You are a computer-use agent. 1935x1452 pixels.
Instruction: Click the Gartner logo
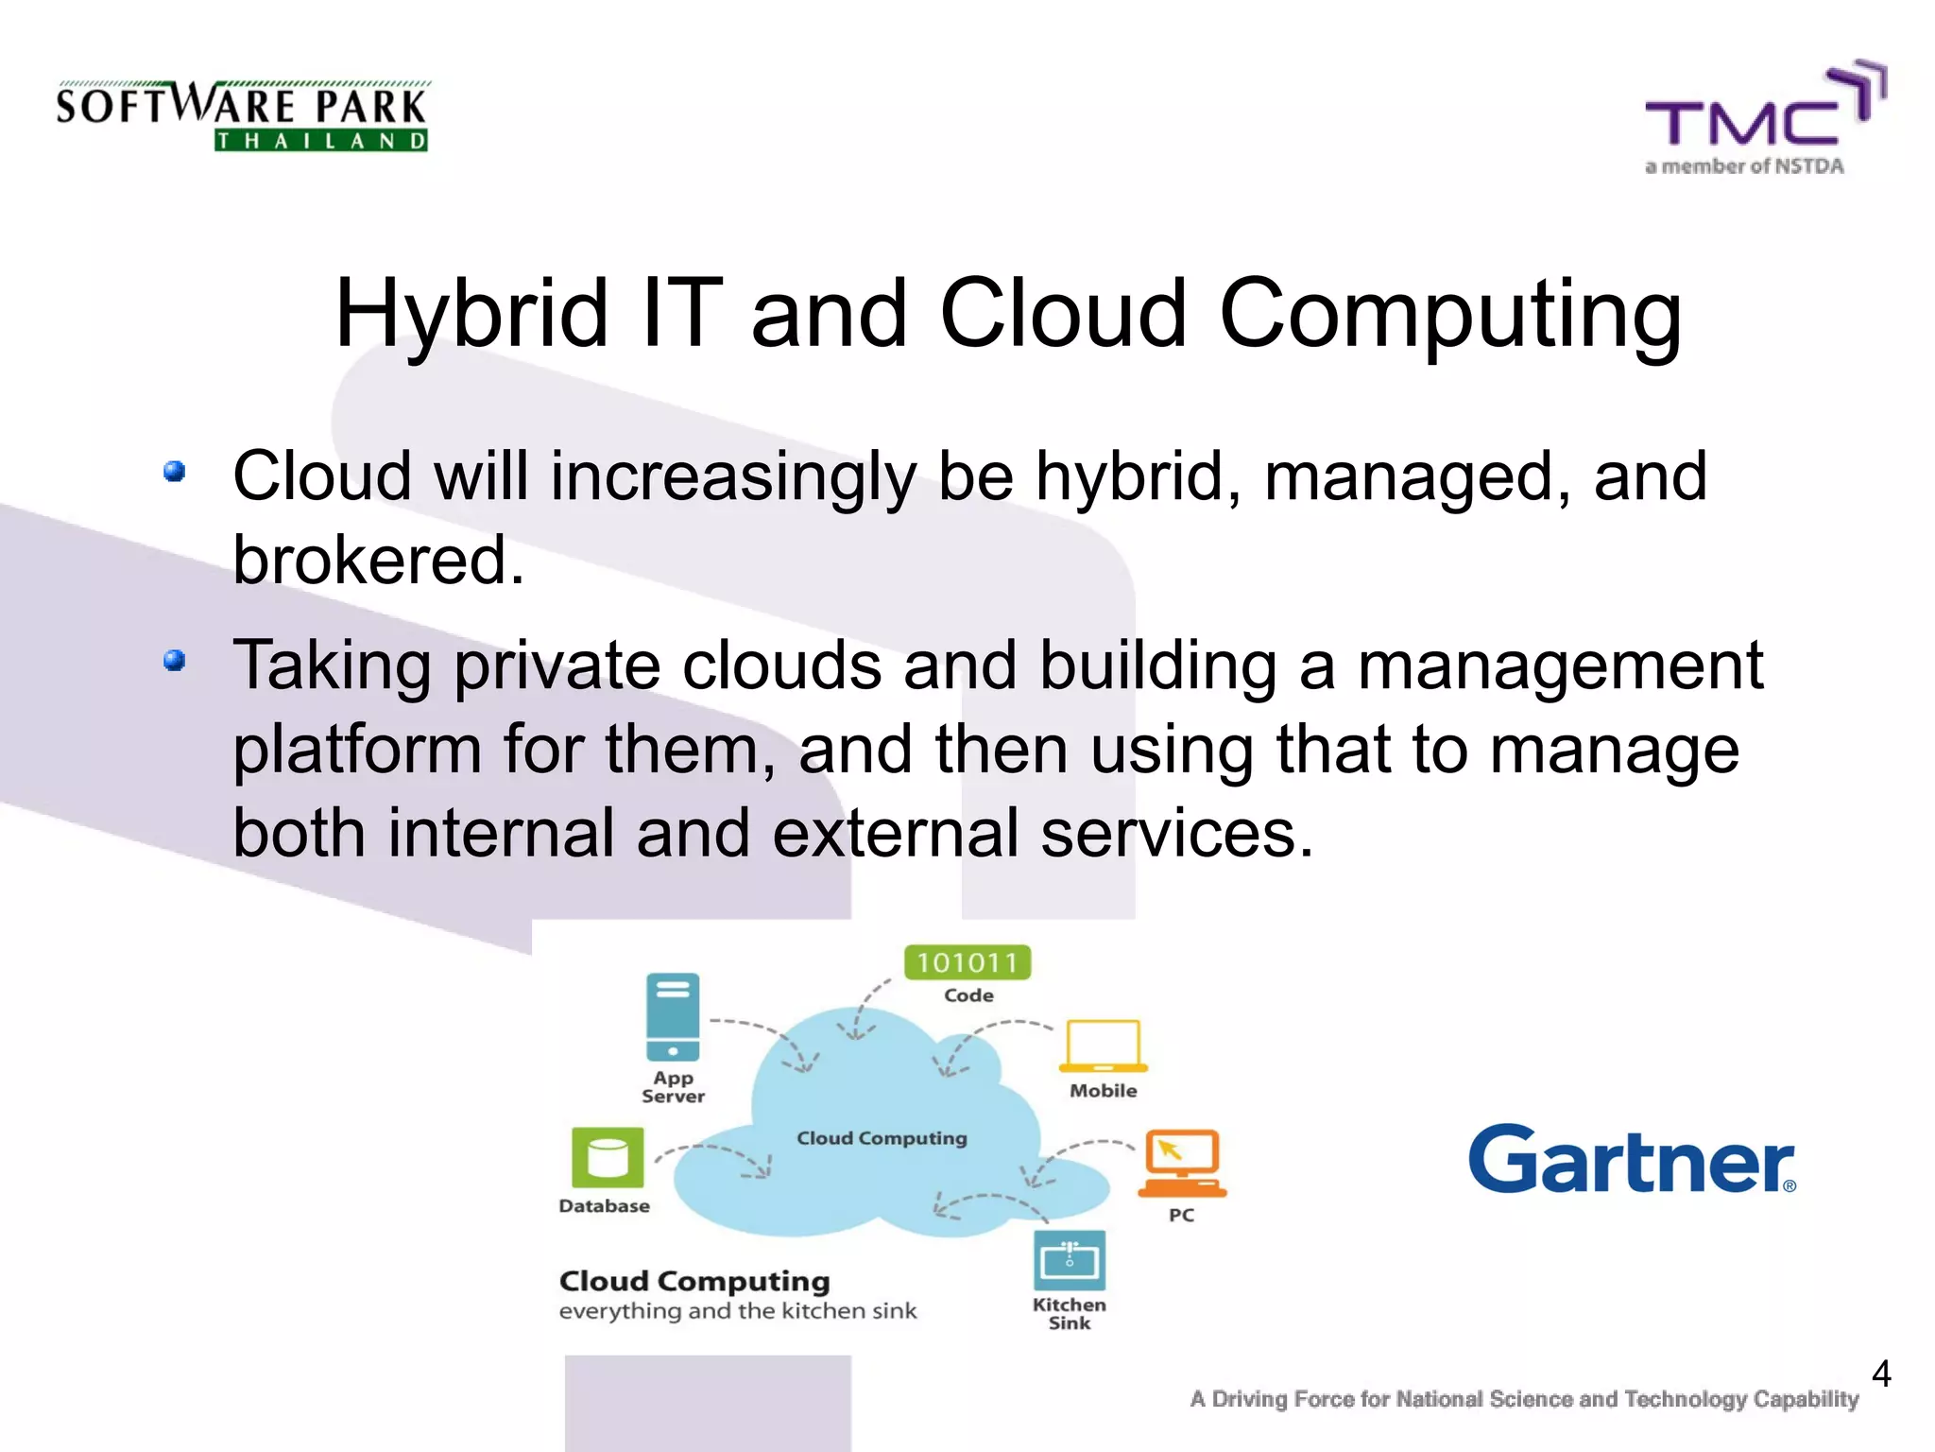(x=1632, y=1160)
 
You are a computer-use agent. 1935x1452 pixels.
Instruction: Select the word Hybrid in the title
(x=471, y=314)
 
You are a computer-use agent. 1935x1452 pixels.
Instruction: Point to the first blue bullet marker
(x=174, y=471)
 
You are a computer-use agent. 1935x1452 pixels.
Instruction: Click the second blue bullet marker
(x=174, y=660)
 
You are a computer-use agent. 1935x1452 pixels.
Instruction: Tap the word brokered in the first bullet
(x=378, y=561)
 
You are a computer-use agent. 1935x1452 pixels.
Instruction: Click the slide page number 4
(x=1880, y=1374)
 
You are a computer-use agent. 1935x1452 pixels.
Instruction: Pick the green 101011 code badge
(x=967, y=963)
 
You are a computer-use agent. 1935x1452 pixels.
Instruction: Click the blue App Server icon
(x=673, y=1017)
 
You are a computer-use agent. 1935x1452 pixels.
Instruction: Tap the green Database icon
(x=608, y=1157)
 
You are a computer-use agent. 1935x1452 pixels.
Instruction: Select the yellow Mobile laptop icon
(x=1103, y=1046)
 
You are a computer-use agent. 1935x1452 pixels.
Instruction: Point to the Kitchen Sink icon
(x=1070, y=1260)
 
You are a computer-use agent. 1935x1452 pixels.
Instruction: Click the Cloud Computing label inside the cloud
(x=882, y=1138)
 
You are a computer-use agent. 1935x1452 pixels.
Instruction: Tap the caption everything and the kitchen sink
(x=737, y=1311)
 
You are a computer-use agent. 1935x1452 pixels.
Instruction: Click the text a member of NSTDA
(x=1744, y=166)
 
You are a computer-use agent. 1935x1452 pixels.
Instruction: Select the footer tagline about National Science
(x=1524, y=1399)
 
